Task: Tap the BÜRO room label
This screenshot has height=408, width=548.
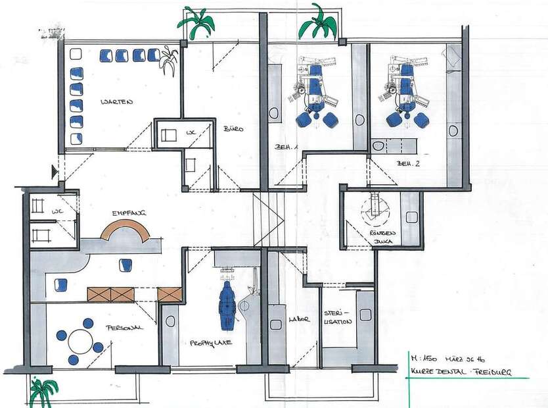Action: pyautogui.click(x=233, y=129)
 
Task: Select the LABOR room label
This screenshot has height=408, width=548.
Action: pyautogui.click(x=299, y=320)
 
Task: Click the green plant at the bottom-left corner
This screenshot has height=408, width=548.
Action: pyautogui.click(x=43, y=391)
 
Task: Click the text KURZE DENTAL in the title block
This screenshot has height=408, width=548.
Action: pyautogui.click(x=436, y=372)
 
